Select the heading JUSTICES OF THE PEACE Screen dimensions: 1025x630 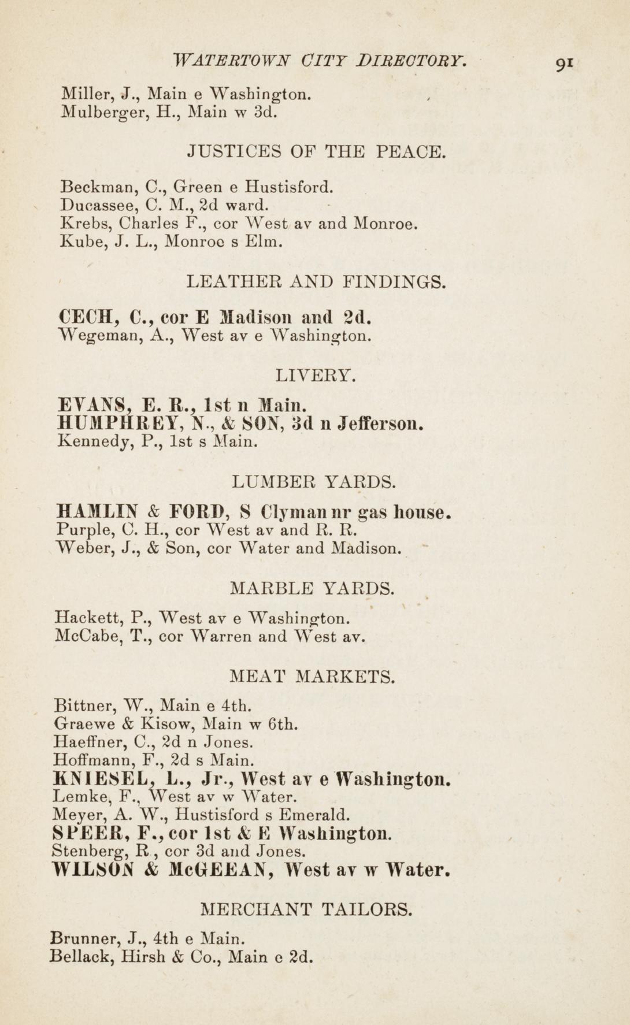click(x=317, y=153)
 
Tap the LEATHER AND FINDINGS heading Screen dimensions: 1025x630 click(x=317, y=282)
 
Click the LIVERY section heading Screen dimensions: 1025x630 click(x=316, y=376)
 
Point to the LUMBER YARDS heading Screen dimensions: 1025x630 click(x=314, y=481)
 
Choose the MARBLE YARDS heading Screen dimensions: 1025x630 click(x=313, y=589)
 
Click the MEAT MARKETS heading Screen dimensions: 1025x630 click(x=313, y=675)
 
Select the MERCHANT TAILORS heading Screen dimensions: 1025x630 click(x=307, y=910)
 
